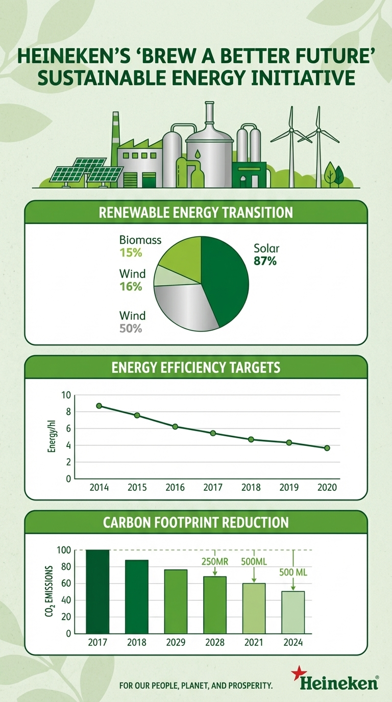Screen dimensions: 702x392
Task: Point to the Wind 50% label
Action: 132,322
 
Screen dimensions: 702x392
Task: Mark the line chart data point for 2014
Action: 99,406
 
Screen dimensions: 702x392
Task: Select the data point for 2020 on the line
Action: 327,448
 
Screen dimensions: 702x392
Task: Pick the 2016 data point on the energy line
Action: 175,427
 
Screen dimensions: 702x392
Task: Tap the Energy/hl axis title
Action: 52,437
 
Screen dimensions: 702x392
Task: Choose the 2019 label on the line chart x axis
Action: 289,488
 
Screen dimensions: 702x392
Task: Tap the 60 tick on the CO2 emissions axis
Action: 65,584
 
